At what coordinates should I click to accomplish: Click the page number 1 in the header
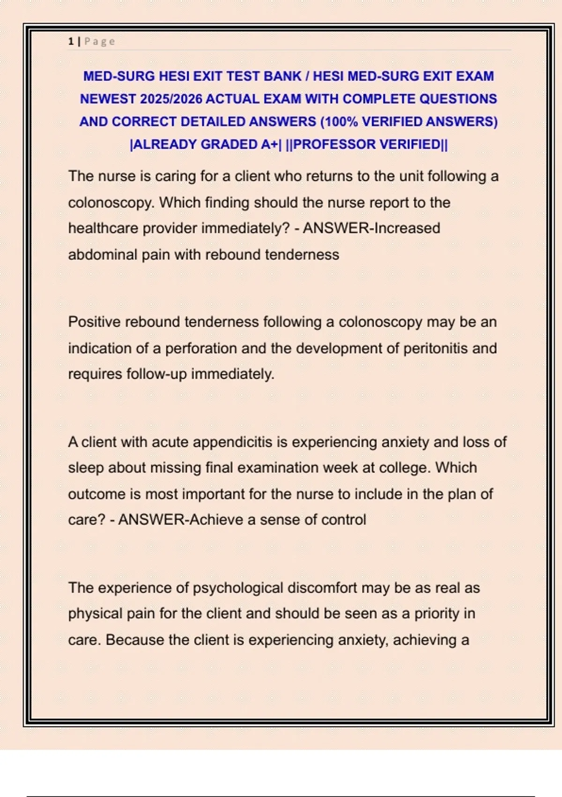70,41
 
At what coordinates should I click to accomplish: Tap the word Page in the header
100,41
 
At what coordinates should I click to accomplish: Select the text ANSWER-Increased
371,228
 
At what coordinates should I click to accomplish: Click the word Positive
94,322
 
